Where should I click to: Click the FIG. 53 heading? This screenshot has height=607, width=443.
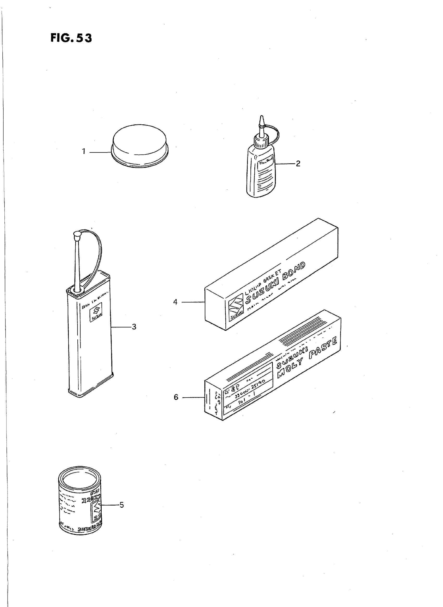click(71, 38)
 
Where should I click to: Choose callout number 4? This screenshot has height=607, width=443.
click(175, 302)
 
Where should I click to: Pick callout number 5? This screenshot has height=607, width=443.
click(121, 505)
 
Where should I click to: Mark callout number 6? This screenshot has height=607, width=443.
click(176, 397)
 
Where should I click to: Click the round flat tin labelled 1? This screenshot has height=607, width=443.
click(140, 145)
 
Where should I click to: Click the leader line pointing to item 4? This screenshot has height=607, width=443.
click(193, 302)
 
